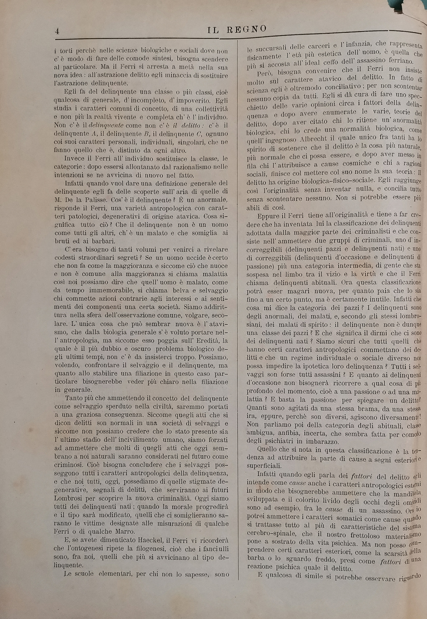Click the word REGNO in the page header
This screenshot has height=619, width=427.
pyautogui.click(x=246, y=29)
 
